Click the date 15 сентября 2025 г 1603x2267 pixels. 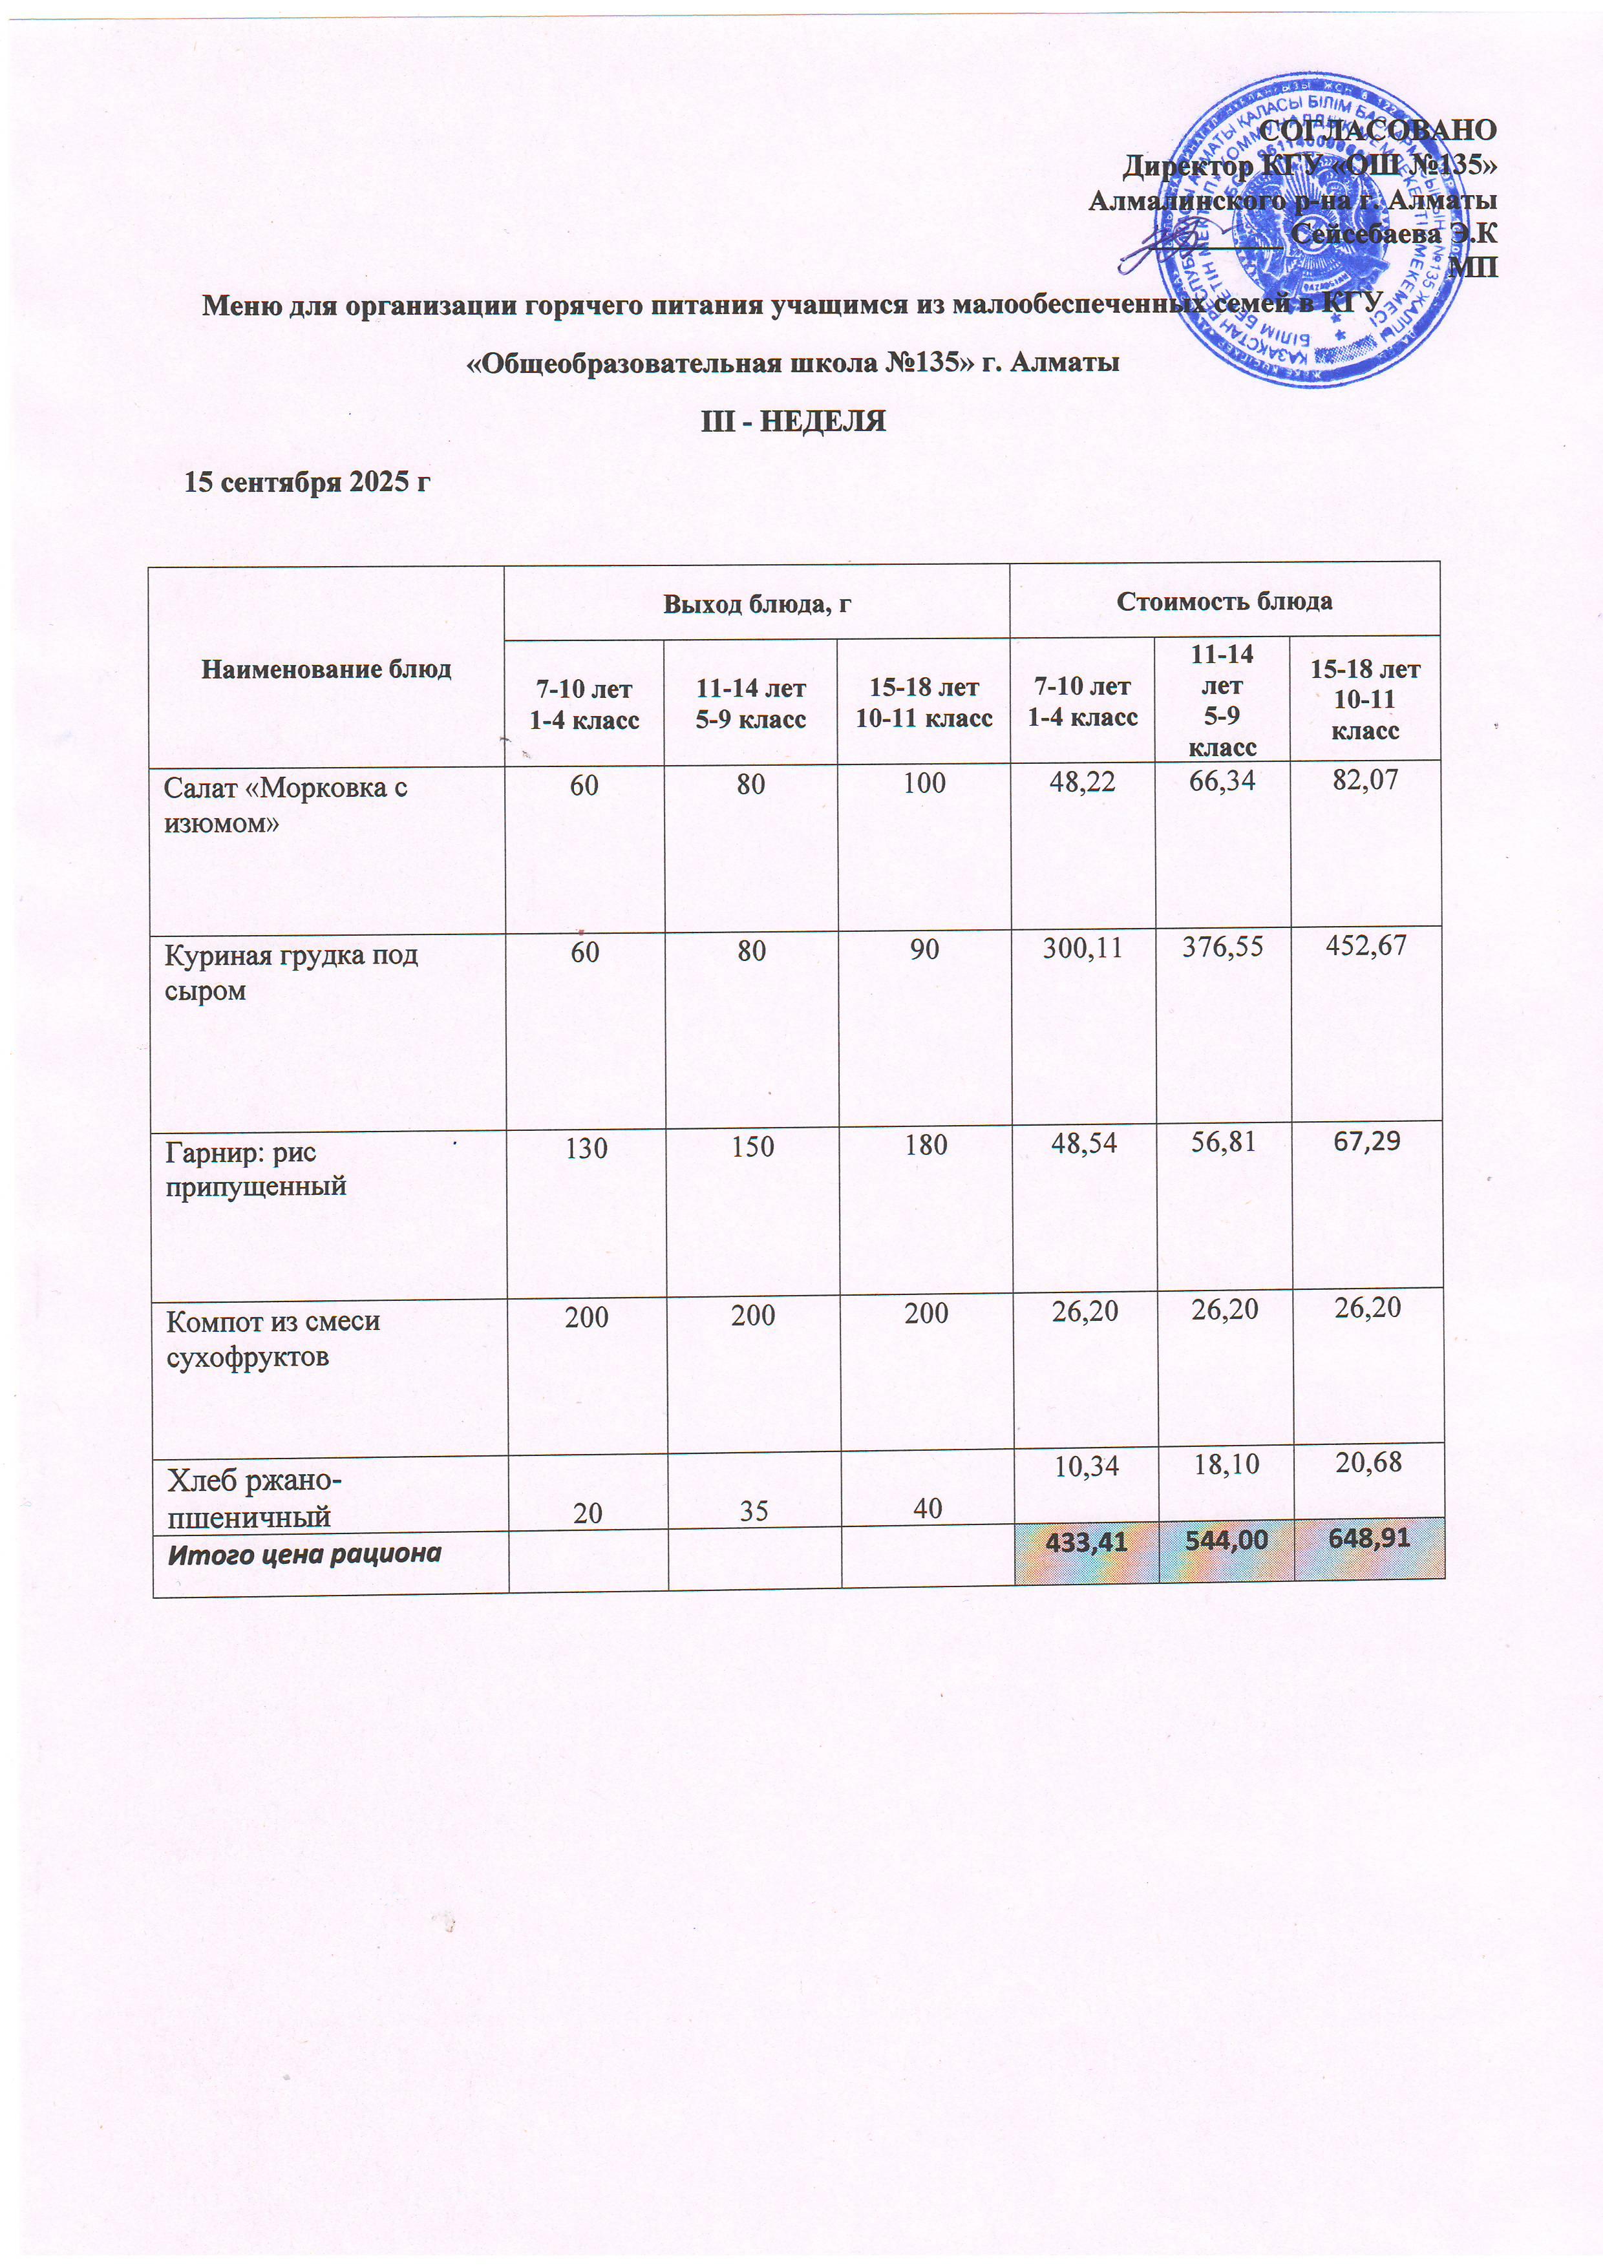click(x=308, y=482)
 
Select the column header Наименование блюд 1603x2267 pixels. click(x=326, y=670)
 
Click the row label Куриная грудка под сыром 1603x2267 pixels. click(x=292, y=973)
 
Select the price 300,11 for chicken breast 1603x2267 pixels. click(x=1083, y=949)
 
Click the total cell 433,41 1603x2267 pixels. click(x=1085, y=1540)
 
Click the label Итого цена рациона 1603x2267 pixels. click(x=304, y=1554)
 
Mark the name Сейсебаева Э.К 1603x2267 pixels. click(x=1394, y=234)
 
